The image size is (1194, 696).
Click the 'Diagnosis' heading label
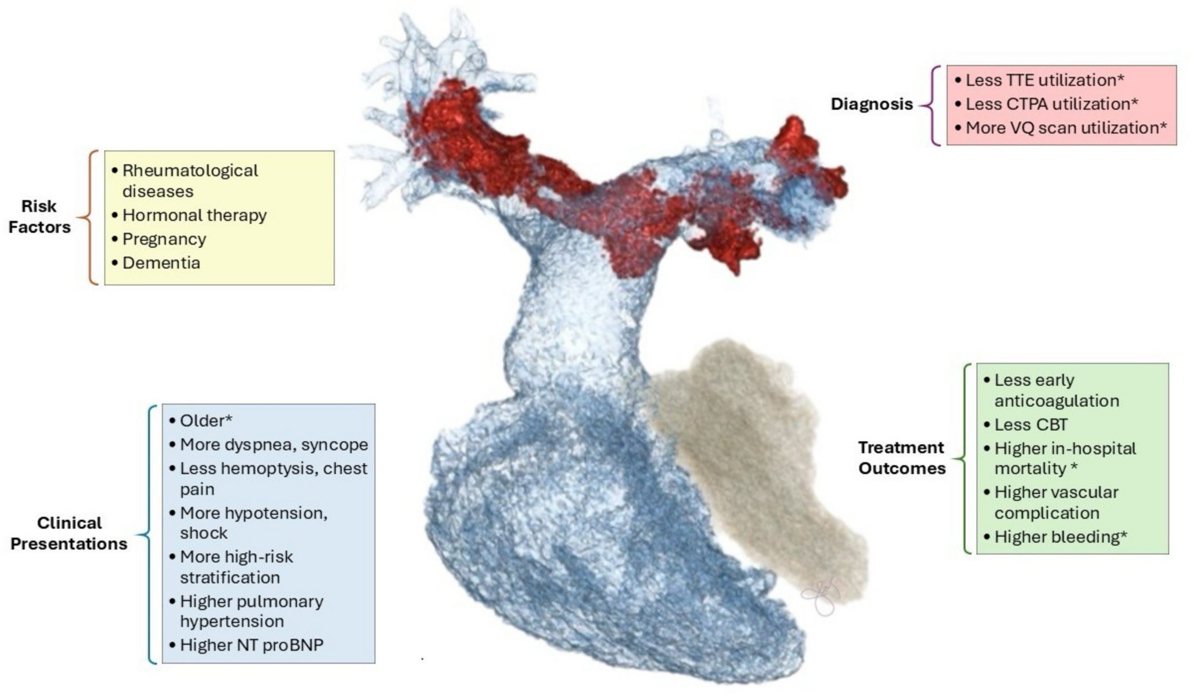(x=872, y=104)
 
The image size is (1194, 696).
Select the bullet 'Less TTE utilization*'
(x=1040, y=80)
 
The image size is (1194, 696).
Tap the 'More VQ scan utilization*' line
(x=1060, y=128)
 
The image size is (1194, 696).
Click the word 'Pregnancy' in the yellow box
(x=164, y=239)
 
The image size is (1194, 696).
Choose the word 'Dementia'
(x=161, y=263)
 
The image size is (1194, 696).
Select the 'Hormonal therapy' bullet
(x=189, y=215)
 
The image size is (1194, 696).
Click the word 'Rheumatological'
(x=190, y=171)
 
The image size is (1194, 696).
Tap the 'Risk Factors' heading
(x=39, y=217)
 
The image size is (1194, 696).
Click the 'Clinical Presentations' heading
(x=69, y=533)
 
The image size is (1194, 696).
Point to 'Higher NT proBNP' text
(x=246, y=645)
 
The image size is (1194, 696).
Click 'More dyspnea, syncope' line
(x=268, y=445)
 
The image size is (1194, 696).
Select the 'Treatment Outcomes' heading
(x=902, y=458)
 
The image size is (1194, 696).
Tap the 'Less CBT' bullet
(x=1026, y=425)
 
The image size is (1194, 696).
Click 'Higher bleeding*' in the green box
(x=1055, y=537)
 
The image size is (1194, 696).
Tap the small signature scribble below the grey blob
(x=821, y=596)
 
